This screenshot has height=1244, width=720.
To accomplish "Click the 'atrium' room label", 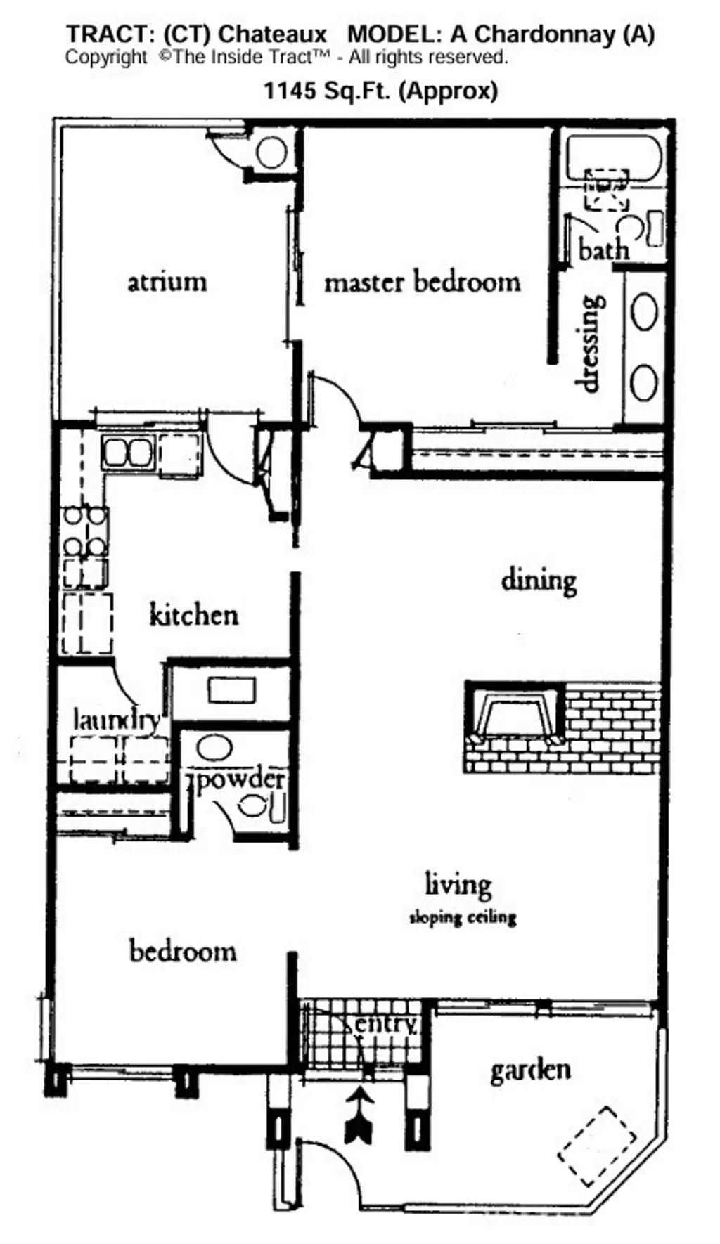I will click(x=167, y=282).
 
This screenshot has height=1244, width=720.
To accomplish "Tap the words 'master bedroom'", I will click(x=423, y=283).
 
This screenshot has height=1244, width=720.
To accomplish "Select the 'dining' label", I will click(x=539, y=581).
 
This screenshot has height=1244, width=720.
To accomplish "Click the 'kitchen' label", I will click(x=194, y=615).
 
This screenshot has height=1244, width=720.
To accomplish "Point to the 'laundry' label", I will click(x=117, y=719).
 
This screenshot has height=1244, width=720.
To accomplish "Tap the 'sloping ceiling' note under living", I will click(x=463, y=917).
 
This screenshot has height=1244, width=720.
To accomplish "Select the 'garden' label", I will click(x=530, y=1070).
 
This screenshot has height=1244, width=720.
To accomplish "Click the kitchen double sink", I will click(x=128, y=452).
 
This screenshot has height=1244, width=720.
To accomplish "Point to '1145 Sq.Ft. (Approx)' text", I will click(x=380, y=91).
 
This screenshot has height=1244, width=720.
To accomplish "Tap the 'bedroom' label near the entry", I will click(x=183, y=951).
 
